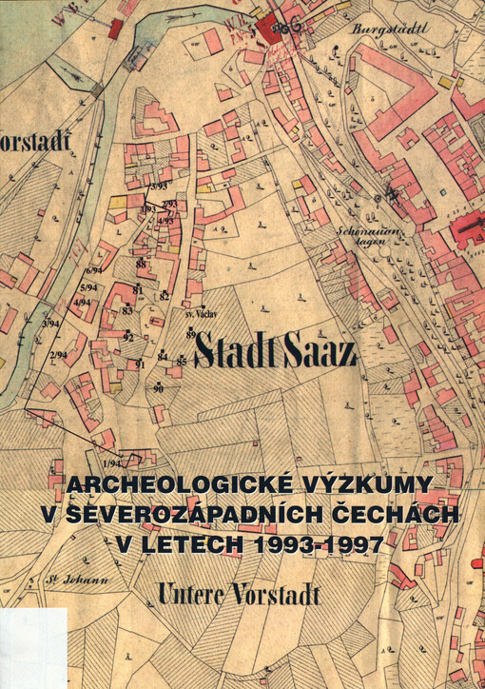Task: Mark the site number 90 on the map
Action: click(x=158, y=388)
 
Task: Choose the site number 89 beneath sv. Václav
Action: click(x=191, y=334)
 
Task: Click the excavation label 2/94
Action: click(x=58, y=355)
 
